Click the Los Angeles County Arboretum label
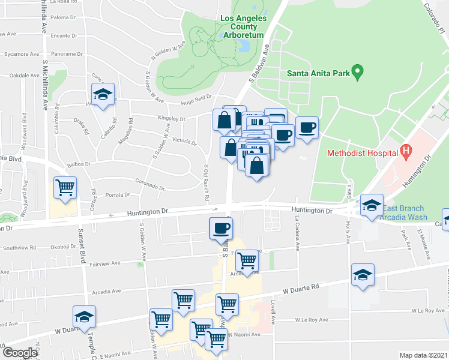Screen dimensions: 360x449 coord(243,27)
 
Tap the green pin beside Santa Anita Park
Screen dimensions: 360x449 coord(357,73)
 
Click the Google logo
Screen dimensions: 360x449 coord(19,353)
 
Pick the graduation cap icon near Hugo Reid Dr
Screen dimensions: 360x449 coord(103,95)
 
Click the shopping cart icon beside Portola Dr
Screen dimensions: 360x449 coord(65,187)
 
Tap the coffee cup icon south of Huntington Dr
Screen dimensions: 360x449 coord(220,228)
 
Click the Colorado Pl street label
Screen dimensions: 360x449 coord(435,18)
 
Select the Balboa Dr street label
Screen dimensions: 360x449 coord(79,163)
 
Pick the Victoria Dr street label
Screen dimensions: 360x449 coord(184,142)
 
